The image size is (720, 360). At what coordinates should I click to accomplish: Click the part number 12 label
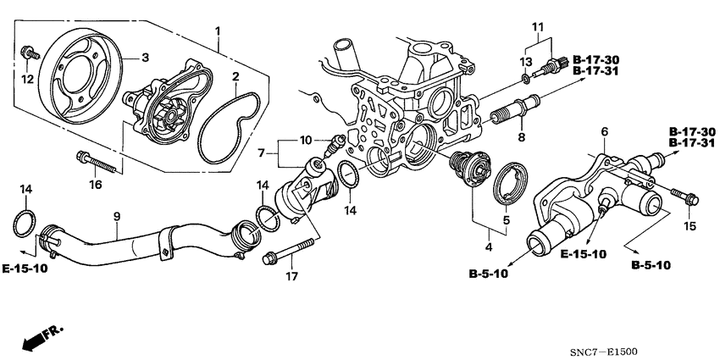point(27,79)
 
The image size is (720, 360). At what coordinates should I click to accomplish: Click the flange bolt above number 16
point(89,157)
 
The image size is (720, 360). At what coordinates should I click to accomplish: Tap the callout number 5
point(507,219)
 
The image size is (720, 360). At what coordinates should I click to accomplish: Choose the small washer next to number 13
point(527,79)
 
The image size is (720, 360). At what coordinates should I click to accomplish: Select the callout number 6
point(605,131)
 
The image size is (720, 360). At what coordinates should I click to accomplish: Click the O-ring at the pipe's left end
point(25,224)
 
